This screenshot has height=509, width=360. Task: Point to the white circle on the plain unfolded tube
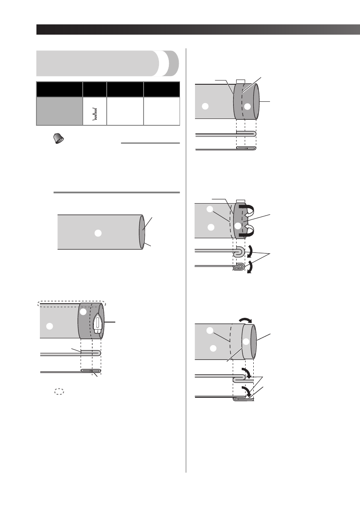coord(98,233)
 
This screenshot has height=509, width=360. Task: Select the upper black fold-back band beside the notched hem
coord(248,208)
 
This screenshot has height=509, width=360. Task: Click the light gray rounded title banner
coord(101,63)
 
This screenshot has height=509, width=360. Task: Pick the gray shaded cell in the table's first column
coord(59,111)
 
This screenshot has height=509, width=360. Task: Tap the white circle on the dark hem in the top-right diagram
coord(246,107)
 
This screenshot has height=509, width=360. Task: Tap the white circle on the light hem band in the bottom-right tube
coord(246,342)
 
